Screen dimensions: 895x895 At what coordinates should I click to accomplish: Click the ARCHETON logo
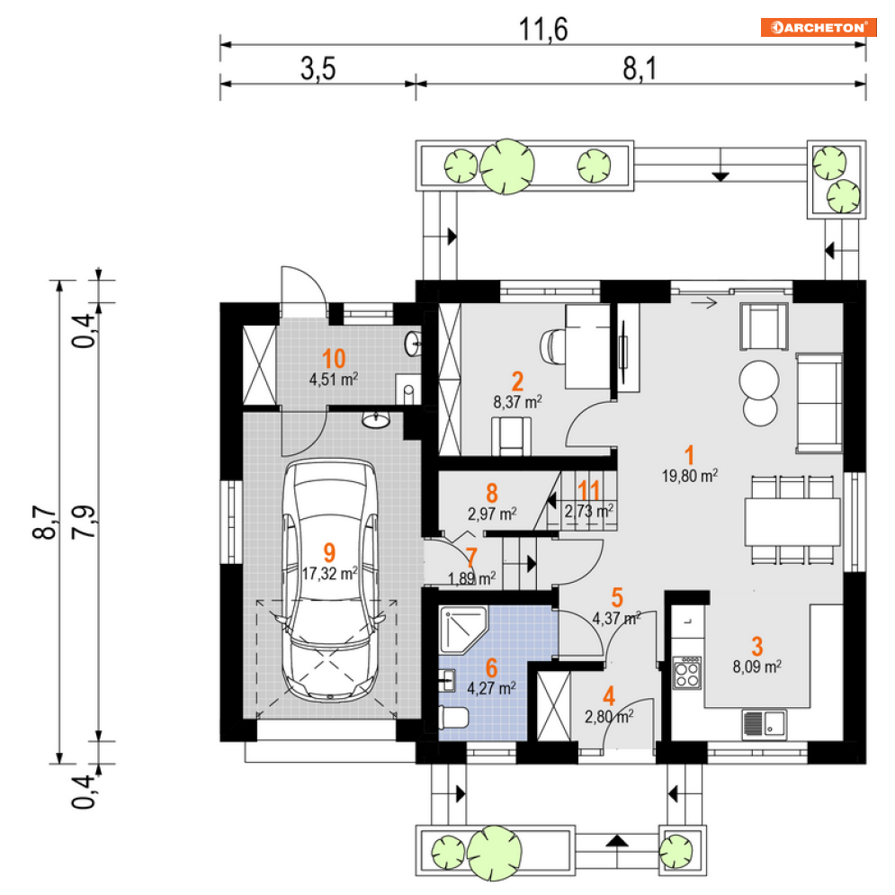(818, 27)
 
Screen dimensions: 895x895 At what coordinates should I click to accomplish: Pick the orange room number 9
(328, 551)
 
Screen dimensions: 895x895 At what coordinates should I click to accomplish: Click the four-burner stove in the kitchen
(688, 671)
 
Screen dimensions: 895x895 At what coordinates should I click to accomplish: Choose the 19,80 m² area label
(690, 477)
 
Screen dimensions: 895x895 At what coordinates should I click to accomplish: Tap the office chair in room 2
(553, 344)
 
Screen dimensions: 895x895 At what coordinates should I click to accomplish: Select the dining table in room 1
(792, 519)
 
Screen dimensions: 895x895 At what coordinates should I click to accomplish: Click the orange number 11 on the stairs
(589, 490)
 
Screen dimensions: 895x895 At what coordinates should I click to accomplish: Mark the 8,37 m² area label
(516, 402)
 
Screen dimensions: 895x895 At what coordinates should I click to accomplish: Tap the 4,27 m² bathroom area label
(491, 688)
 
